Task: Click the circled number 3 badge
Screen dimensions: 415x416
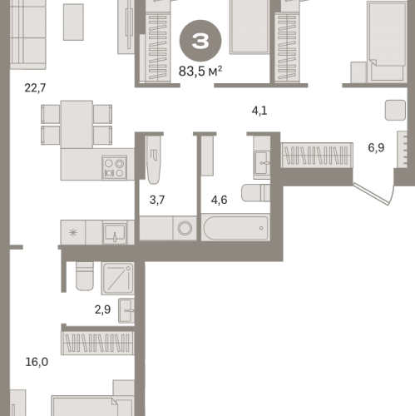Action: (200, 41)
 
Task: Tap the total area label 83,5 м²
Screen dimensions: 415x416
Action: (200, 72)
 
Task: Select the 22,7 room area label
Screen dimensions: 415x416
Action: (35, 88)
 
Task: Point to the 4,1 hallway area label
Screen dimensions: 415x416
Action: (259, 111)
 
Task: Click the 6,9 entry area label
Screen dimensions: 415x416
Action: (376, 147)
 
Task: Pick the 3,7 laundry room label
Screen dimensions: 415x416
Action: (157, 200)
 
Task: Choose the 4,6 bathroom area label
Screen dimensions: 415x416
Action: (219, 200)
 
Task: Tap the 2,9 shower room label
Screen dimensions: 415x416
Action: (102, 310)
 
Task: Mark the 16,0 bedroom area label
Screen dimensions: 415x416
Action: (37, 362)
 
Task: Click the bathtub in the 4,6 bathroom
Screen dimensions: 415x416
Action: (235, 228)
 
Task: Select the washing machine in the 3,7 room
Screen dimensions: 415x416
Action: (185, 229)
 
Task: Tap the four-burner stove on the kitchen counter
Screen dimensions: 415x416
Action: (115, 167)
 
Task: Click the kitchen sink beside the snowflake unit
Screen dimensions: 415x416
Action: (115, 233)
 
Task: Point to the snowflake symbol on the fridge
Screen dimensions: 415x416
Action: (73, 232)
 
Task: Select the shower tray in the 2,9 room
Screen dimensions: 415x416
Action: (118, 279)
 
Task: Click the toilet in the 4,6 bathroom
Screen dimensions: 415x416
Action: (255, 193)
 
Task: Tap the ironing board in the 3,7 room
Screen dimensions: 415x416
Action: (154, 160)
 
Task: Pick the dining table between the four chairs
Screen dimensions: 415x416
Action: (77, 125)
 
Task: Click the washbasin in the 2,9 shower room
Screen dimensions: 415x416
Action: (126, 310)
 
